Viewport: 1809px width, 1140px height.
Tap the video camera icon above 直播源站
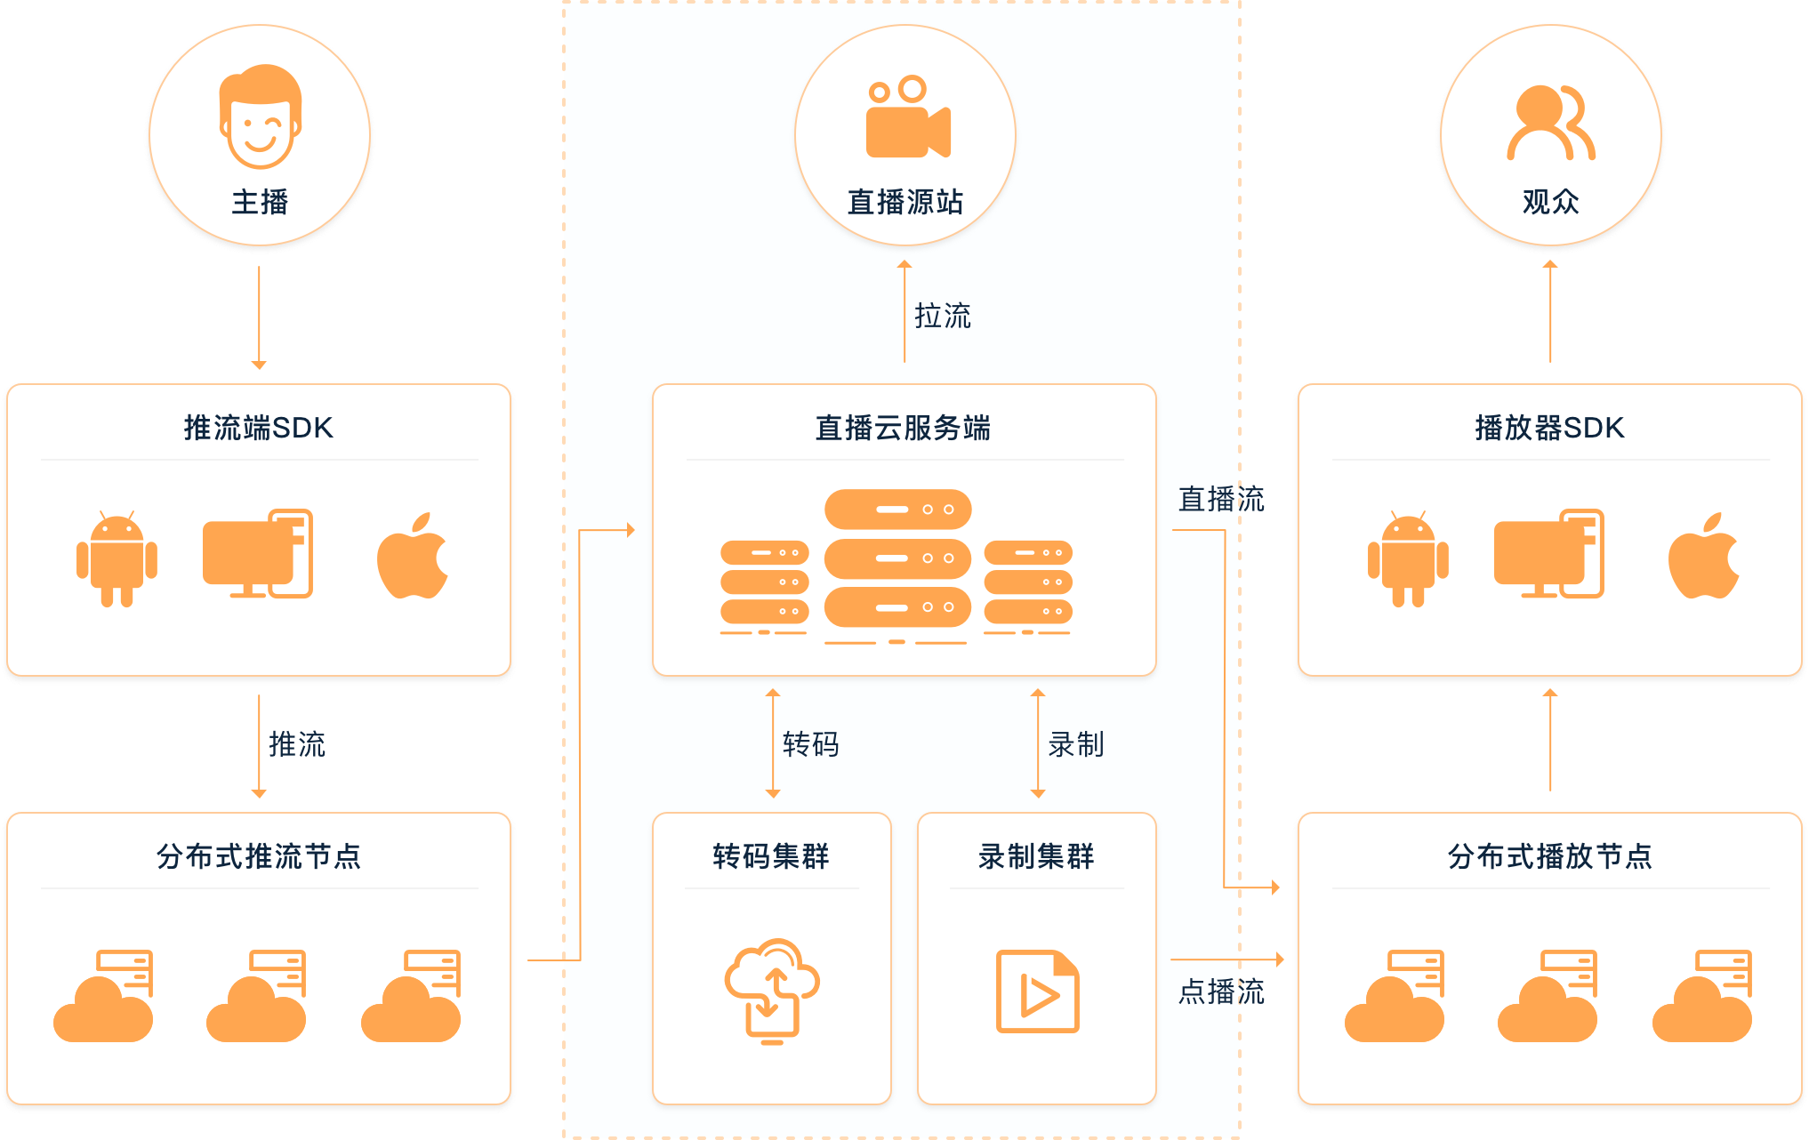pos(907,117)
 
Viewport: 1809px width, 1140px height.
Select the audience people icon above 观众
pos(1550,123)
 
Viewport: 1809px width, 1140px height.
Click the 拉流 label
pos(942,316)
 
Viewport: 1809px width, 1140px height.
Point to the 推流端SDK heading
pos(258,428)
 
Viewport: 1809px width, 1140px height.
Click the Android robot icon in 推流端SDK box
pos(117,558)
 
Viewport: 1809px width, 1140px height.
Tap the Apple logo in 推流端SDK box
pos(413,556)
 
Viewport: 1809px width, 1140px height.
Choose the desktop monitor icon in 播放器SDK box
pos(1548,554)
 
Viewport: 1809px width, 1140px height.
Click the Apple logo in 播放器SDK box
pos(1703,556)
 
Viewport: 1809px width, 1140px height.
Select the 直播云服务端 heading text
pos(903,428)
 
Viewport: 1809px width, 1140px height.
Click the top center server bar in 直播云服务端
pos(897,510)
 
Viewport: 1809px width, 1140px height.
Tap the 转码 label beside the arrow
pos(810,744)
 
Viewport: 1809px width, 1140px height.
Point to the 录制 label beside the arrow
pos(1075,744)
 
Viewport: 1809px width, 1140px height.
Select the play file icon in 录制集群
pos(1037,991)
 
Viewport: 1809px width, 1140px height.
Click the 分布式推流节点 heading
pos(258,856)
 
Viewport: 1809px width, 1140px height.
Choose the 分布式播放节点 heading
pos(1549,856)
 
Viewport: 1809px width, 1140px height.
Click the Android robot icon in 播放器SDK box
pos(1408,558)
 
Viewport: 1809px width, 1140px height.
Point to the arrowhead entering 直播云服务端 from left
pos(631,530)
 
